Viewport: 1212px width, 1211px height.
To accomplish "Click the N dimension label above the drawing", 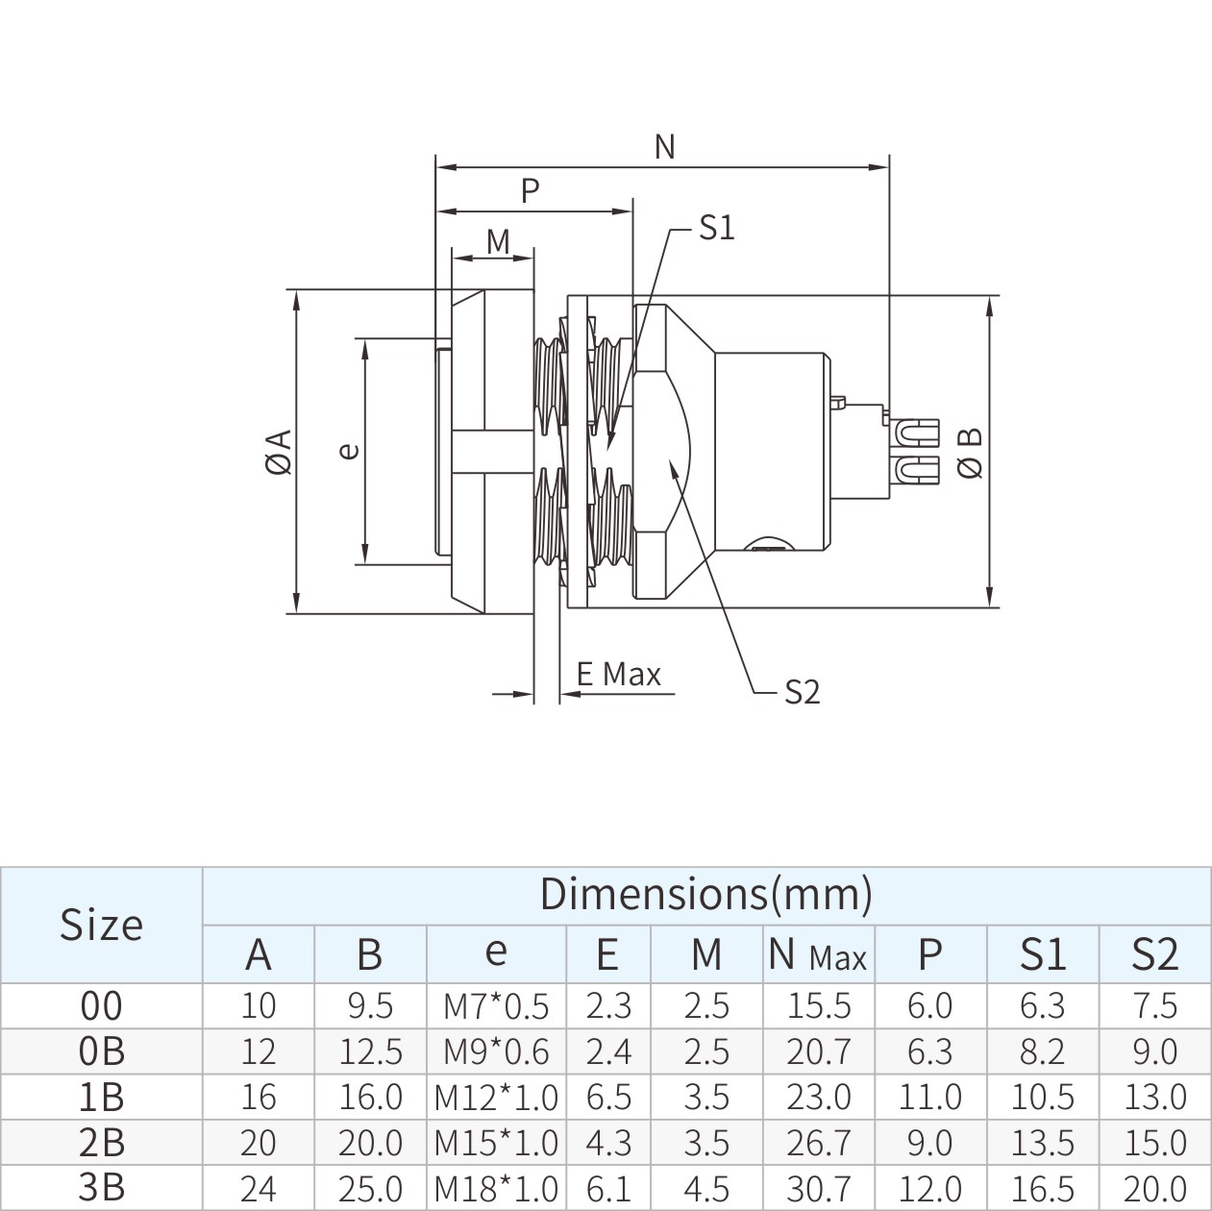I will click(x=664, y=146).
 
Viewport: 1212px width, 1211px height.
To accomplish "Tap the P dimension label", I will click(x=530, y=190).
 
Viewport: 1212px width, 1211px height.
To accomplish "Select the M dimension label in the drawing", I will click(x=498, y=241).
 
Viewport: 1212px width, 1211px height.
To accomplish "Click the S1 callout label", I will click(x=716, y=228).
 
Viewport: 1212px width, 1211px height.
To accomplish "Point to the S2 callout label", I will click(x=802, y=691).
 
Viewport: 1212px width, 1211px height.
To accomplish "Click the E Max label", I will click(x=619, y=675).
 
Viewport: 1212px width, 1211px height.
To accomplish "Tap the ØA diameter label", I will click(x=278, y=451).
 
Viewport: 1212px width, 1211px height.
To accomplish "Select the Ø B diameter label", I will click(x=972, y=452).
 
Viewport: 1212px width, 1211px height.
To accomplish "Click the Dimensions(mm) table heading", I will click(x=705, y=894).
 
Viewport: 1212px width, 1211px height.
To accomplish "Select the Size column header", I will click(x=101, y=925).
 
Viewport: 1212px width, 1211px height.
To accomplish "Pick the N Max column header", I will click(x=818, y=954).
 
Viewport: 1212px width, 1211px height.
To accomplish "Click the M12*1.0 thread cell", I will click(x=496, y=1097).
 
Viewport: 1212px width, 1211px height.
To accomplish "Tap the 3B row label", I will click(x=101, y=1187).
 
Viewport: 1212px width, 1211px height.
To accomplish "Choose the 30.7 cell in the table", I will click(x=819, y=1188).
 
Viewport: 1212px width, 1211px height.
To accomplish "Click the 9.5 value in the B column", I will click(x=370, y=1005).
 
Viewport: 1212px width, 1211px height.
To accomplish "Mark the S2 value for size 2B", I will click(x=1154, y=1143).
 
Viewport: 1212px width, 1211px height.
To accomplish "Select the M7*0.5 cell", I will click(x=496, y=1006).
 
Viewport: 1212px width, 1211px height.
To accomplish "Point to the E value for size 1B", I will click(x=607, y=1097).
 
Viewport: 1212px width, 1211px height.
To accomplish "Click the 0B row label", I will click(x=101, y=1051).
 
